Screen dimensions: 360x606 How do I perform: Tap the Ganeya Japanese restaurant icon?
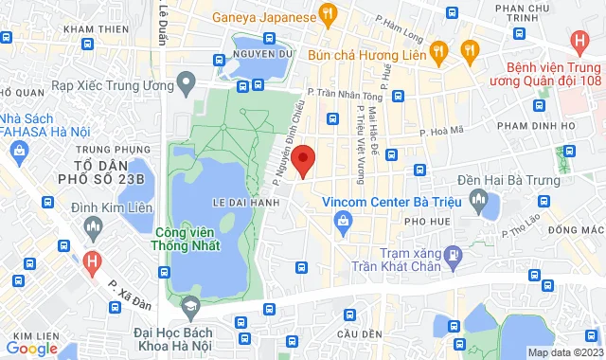pos(328,13)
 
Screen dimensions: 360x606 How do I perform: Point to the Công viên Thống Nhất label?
pos(185,239)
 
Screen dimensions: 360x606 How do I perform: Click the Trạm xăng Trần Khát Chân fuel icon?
pos(454,254)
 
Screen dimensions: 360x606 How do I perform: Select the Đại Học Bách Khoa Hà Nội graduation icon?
pos(190,305)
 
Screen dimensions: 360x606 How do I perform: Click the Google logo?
pos(31,348)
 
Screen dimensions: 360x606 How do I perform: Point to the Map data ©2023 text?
pos(564,352)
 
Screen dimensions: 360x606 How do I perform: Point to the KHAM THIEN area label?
pos(96,29)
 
